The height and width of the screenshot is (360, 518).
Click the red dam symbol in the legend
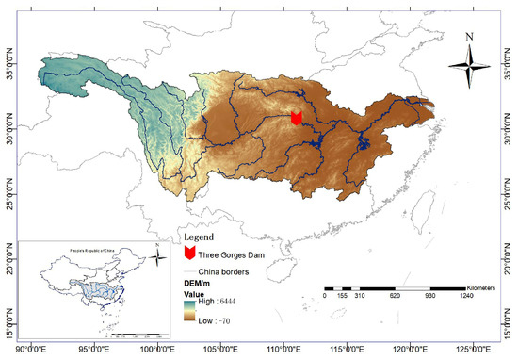tap(188, 253)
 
